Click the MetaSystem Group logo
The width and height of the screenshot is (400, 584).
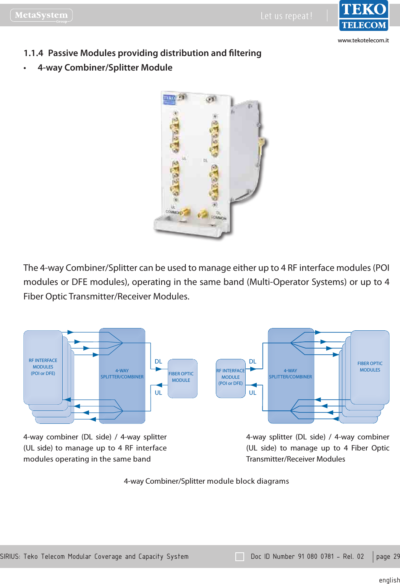point(41,15)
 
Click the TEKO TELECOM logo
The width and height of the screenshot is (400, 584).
point(363,16)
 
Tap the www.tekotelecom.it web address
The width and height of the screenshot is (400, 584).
point(363,40)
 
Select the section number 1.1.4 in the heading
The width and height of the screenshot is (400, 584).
point(33,53)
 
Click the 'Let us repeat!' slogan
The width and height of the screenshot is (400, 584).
point(286,16)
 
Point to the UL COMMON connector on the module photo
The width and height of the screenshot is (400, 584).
point(185,212)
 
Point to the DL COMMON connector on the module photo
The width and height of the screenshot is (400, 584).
point(201,215)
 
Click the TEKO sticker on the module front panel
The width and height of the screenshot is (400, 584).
point(169,100)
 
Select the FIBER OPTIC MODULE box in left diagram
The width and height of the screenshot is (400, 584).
point(182,378)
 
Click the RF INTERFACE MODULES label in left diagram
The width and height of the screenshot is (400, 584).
point(43,367)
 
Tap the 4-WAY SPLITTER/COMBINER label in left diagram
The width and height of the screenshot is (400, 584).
point(122,374)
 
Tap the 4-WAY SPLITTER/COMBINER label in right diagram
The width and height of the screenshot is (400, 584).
point(290,374)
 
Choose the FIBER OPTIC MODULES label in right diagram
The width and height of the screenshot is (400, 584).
point(370,367)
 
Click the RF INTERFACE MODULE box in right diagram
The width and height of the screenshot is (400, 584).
point(230,378)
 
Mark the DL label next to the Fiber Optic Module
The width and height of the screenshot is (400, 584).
point(158,361)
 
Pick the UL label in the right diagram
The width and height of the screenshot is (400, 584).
point(253,393)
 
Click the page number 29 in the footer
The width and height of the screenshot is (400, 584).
point(396,557)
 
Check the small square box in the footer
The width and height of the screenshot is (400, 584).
point(240,557)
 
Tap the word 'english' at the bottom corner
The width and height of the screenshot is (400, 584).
point(389,580)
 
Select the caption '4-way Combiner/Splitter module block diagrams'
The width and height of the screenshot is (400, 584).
point(206,481)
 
